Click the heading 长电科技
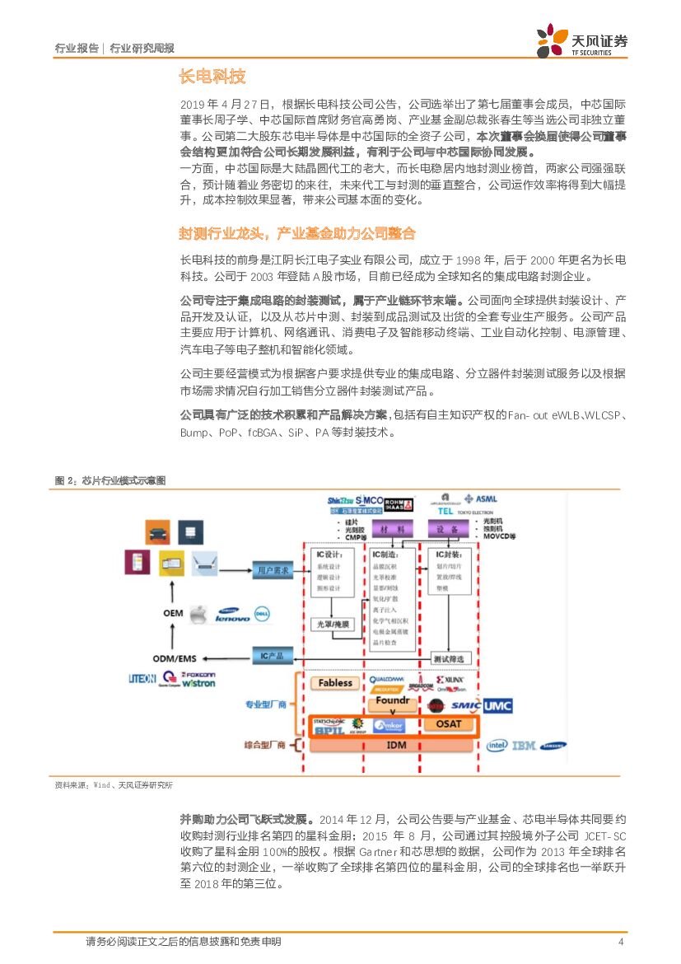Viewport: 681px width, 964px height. coord(212,77)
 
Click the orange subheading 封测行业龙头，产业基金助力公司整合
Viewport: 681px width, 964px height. coord(297,233)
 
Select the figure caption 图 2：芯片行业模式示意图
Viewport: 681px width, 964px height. coord(110,480)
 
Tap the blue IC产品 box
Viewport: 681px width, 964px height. coord(271,656)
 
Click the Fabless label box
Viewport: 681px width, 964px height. coord(334,683)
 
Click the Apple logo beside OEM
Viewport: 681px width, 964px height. coord(196,614)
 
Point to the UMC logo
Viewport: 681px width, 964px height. coord(497,705)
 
